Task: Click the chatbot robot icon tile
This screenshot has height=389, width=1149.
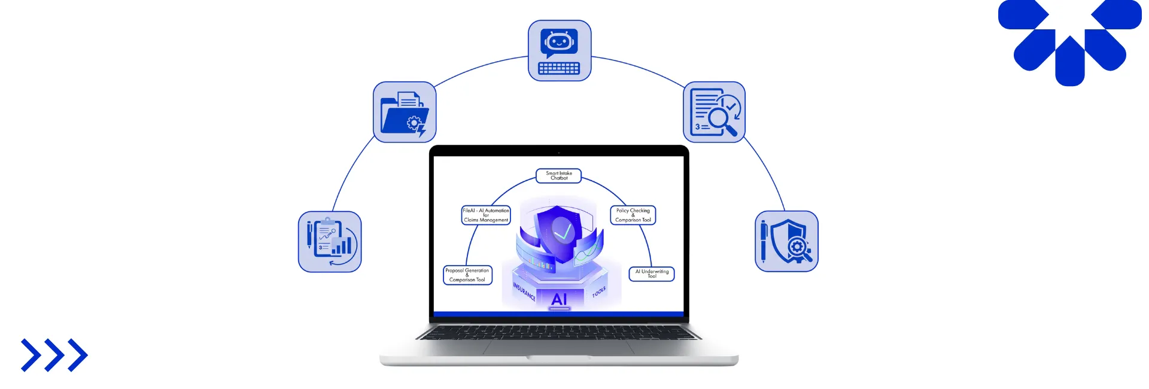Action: [560, 50]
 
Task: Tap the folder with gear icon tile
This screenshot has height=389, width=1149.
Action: [405, 112]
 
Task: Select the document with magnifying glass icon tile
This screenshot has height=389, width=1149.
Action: [714, 112]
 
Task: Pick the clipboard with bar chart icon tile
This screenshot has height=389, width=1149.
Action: [330, 241]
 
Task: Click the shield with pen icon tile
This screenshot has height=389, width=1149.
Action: [786, 241]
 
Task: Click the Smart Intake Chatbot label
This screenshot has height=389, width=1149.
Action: [559, 175]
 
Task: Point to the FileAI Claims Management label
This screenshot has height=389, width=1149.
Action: [486, 215]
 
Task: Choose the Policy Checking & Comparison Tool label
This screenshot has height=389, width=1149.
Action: [633, 215]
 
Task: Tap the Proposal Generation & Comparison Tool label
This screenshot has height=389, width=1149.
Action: [467, 275]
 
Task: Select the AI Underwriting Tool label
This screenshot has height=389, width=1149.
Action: [652, 273]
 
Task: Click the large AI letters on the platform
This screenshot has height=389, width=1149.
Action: [559, 299]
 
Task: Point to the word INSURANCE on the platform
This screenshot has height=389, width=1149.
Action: [524, 291]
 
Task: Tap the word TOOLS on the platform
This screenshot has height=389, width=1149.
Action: [599, 291]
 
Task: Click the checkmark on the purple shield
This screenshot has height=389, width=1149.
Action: [562, 230]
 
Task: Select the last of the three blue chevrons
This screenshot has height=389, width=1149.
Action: [78, 355]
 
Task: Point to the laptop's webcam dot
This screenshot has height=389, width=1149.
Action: [559, 153]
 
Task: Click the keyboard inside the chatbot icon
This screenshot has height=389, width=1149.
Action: [559, 68]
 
